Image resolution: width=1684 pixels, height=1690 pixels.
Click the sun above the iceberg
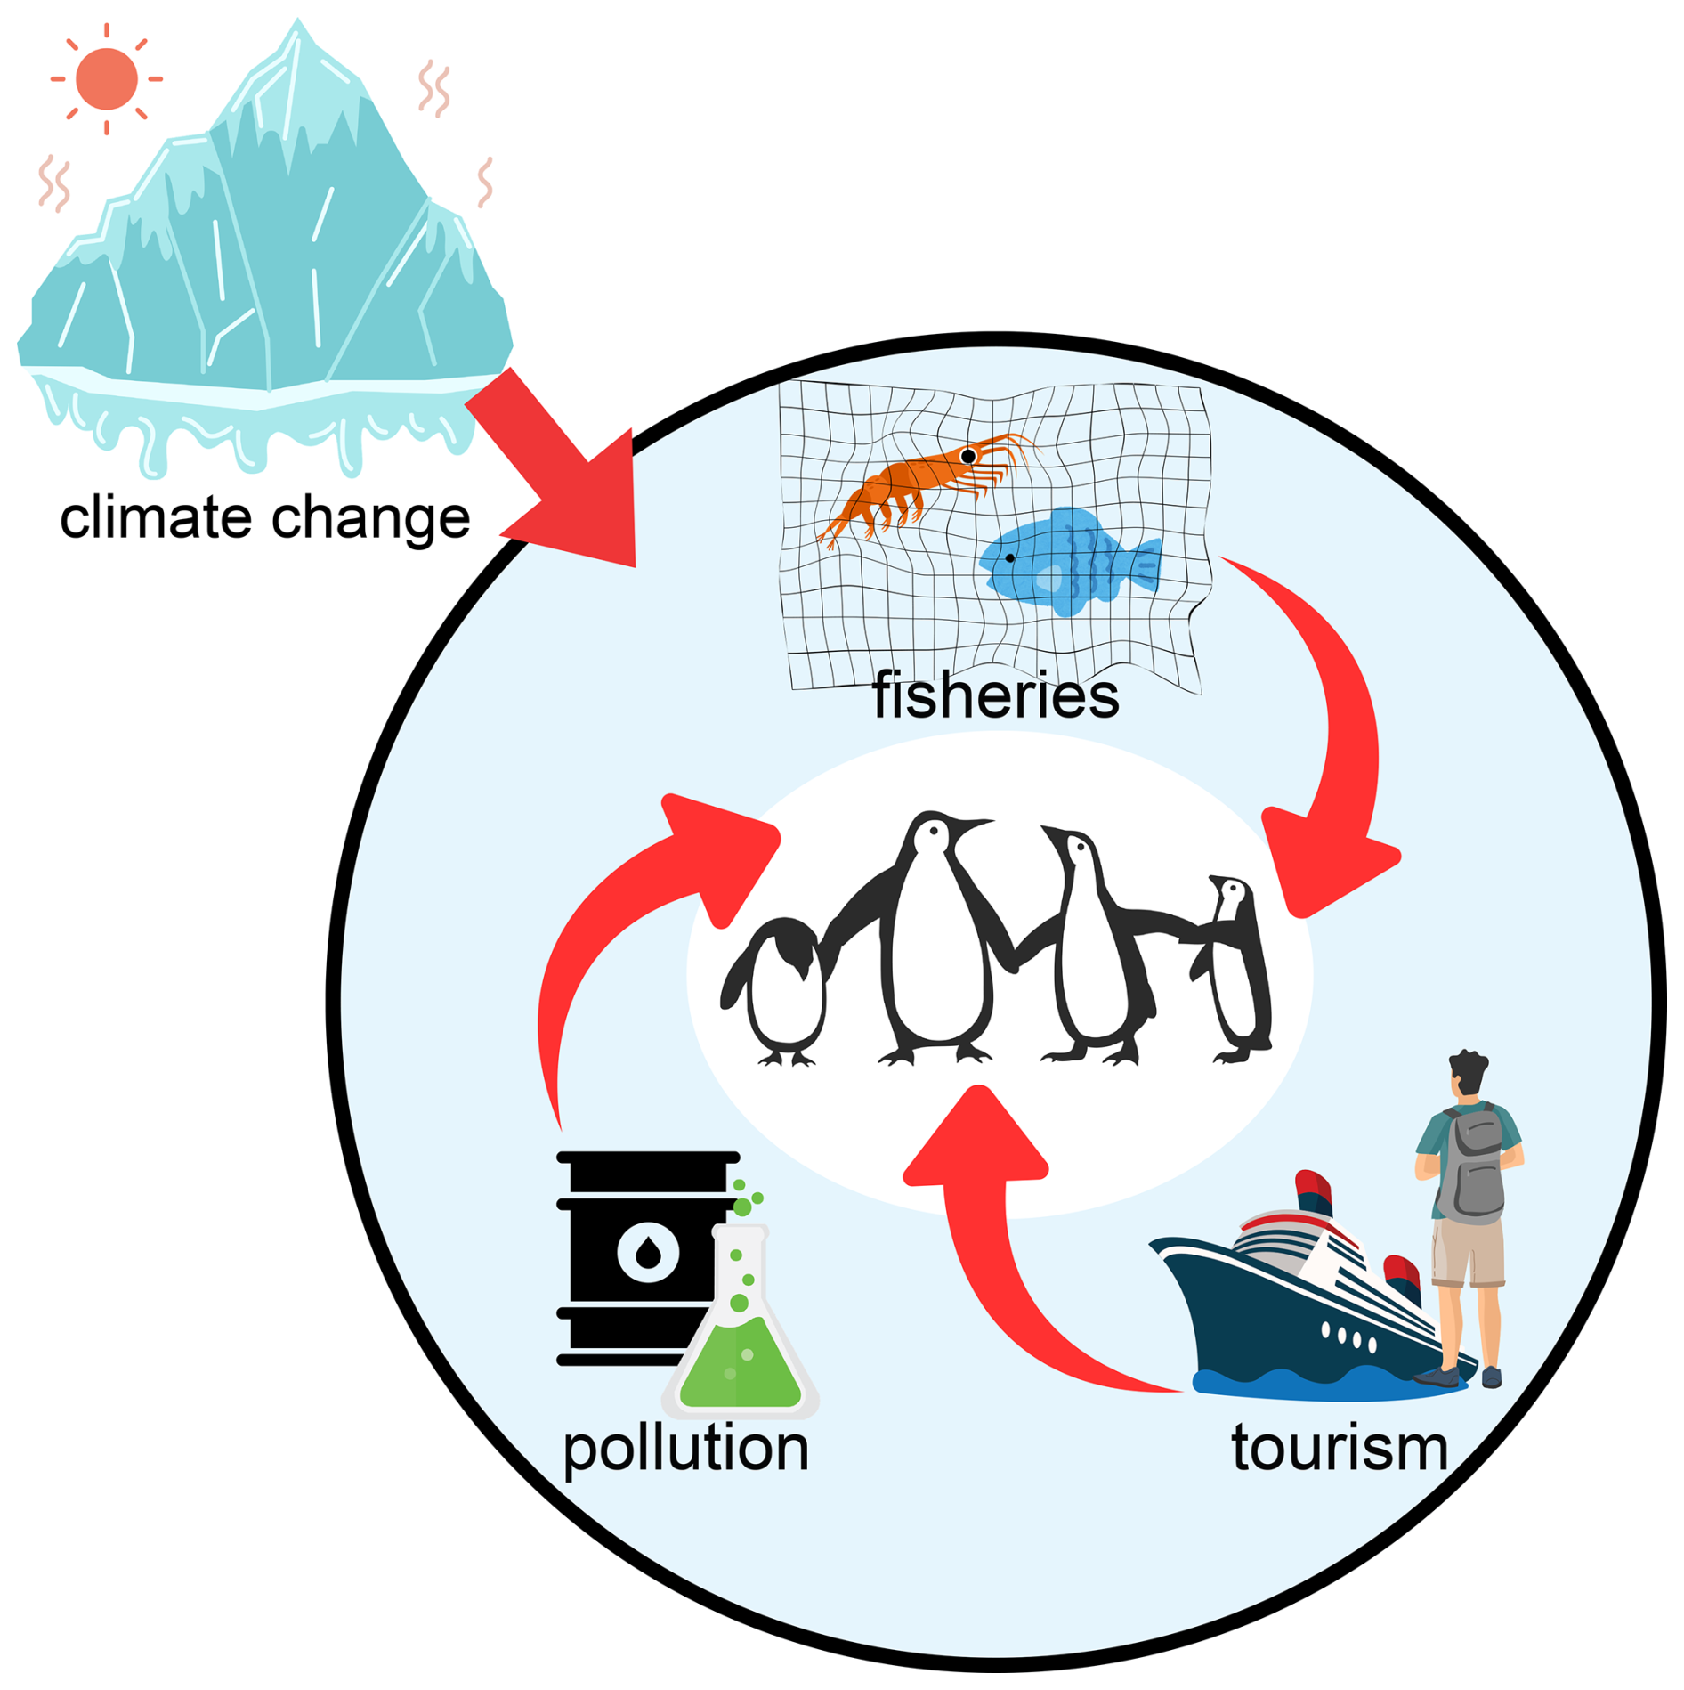(107, 79)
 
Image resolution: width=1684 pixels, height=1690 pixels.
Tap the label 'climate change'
(264, 517)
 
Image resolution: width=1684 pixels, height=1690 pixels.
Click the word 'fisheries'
(995, 695)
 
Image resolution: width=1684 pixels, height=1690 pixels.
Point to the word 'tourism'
(1340, 1448)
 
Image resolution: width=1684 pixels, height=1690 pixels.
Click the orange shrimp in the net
(917, 481)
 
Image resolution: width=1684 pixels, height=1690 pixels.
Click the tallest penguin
(935, 944)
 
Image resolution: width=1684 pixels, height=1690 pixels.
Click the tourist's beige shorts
(1467, 1251)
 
